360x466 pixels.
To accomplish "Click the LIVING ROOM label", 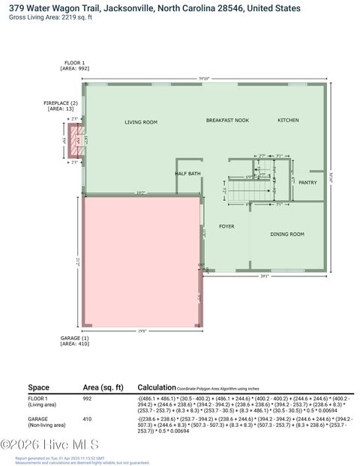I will point(140,121).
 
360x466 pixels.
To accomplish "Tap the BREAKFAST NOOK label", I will point(227,120).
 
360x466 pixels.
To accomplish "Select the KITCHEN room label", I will point(288,120).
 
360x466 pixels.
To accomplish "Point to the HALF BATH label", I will point(187,174).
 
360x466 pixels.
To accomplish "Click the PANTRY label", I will point(307,182).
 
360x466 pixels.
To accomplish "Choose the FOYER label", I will point(226,226).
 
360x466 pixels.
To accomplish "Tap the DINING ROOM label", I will point(286,234).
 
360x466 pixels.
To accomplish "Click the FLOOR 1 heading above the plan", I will point(74,64).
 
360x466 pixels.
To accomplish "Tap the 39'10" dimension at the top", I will point(204,78).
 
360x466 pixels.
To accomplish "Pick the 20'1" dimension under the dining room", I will point(264,275).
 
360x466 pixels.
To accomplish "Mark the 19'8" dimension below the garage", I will point(142,330).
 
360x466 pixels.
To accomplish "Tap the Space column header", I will point(38,387).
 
